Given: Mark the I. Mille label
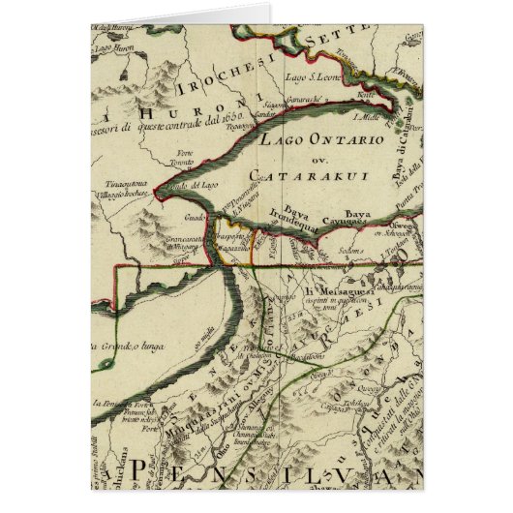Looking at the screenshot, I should tap(365, 117).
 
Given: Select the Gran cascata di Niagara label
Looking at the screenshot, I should tap(173, 238).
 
